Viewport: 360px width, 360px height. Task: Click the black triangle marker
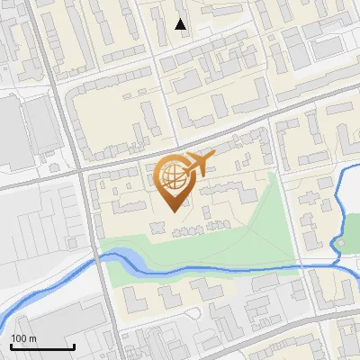[x=181, y=24]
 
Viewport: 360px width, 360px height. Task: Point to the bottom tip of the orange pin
[x=173, y=211]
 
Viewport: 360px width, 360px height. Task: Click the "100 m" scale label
[x=23, y=338]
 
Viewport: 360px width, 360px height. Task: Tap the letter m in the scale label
[x=32, y=338]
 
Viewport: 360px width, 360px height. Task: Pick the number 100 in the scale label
[x=19, y=338]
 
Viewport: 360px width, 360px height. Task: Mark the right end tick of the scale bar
[x=74, y=346]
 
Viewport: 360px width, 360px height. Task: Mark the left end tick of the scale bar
[x=11, y=346]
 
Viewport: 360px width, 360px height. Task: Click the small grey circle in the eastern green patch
[x=341, y=243]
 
